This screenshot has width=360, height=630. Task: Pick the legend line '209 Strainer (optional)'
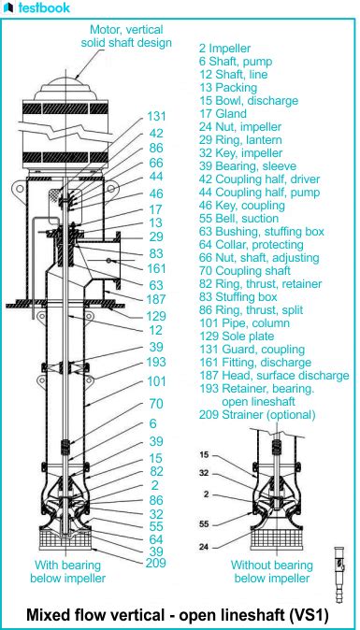[x=257, y=415]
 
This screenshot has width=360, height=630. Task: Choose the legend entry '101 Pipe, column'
[x=245, y=323]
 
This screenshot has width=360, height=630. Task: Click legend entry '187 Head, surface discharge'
[x=274, y=376]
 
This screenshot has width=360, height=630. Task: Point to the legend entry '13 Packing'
[x=228, y=88]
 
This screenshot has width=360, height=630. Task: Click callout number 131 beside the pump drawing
[x=156, y=117]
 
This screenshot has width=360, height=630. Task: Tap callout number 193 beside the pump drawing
[x=156, y=362]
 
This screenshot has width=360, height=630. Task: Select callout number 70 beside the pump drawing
[x=156, y=404]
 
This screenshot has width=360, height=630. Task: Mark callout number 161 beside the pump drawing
[x=156, y=268]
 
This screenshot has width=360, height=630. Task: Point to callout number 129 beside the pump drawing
[x=156, y=315]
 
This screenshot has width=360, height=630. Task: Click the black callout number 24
[x=205, y=547]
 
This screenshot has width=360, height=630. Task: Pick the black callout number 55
[x=205, y=524]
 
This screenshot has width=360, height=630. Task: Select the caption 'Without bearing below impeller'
[x=271, y=572]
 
